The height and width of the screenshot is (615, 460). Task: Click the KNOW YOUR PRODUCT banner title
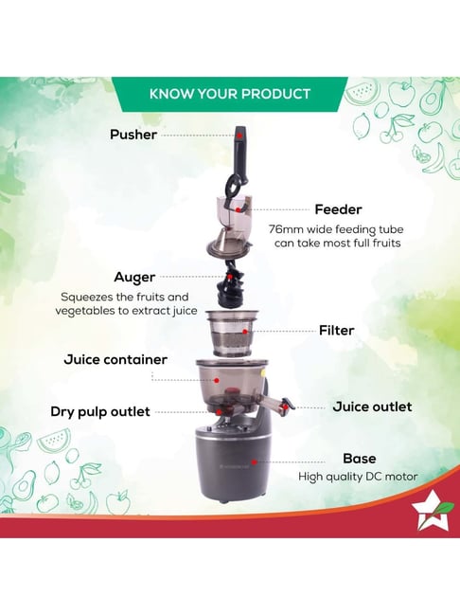pyautogui.click(x=230, y=94)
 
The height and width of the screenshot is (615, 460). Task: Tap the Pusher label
pyautogui.click(x=133, y=135)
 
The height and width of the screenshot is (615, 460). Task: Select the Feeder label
pyautogui.click(x=338, y=209)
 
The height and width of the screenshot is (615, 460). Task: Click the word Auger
pyautogui.click(x=134, y=278)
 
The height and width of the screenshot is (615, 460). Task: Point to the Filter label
pyautogui.click(x=336, y=331)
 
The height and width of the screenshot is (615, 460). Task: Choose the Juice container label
pyautogui.click(x=115, y=360)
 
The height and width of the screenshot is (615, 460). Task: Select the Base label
pyautogui.click(x=359, y=459)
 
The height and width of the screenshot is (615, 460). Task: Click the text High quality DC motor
pyautogui.click(x=358, y=478)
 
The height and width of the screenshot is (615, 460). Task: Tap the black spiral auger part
pyautogui.click(x=232, y=285)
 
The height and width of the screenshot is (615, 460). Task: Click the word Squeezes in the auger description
pyautogui.click(x=91, y=297)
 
